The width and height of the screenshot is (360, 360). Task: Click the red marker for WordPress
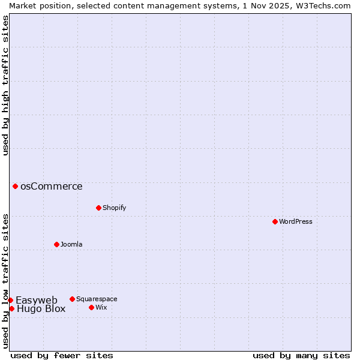click(275, 221)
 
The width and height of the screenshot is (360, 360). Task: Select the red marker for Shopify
click(98, 208)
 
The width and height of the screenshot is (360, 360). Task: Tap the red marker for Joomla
click(56, 244)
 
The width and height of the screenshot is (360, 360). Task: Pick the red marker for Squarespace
click(72, 299)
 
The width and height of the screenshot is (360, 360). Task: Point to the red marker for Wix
click(91, 307)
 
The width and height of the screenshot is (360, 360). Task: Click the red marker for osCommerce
click(15, 186)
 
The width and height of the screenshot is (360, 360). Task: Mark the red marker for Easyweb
click(10, 300)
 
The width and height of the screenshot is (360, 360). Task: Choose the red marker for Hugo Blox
click(11, 308)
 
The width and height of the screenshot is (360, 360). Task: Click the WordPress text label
click(296, 221)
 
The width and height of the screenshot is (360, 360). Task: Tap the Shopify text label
click(114, 208)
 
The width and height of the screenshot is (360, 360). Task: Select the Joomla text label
click(71, 244)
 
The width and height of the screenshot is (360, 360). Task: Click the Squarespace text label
click(97, 299)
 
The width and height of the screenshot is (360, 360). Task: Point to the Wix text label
click(101, 307)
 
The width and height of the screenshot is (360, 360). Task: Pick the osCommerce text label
click(52, 186)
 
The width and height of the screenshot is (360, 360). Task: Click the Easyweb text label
click(37, 300)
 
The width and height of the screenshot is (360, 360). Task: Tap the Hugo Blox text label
click(41, 309)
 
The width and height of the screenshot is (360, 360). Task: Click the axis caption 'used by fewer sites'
click(62, 355)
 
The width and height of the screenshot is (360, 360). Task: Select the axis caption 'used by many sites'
click(301, 355)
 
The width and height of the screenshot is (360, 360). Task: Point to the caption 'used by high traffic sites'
click(5, 85)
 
